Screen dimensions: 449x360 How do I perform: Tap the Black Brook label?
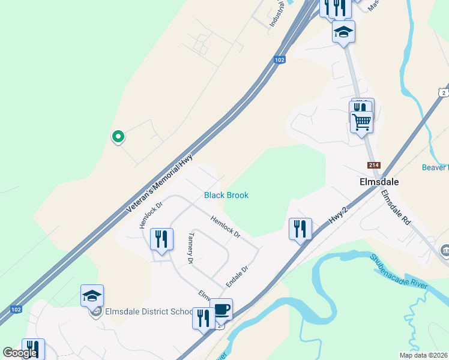point(226,195)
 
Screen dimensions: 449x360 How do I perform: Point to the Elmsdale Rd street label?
point(396,207)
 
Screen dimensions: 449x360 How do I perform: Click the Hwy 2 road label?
point(339,217)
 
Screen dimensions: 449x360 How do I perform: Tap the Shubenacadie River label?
point(399,271)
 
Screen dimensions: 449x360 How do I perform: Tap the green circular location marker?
point(118,137)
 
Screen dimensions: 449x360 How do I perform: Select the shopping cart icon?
point(361,122)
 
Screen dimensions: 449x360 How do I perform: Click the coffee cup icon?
point(221,309)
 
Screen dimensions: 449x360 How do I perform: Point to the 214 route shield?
point(372,165)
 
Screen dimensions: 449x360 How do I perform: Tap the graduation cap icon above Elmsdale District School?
point(92,295)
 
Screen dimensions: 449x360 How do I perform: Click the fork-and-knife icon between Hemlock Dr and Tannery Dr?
point(161,239)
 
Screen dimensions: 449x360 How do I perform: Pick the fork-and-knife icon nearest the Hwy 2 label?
point(300,229)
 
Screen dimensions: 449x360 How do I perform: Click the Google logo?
point(20,353)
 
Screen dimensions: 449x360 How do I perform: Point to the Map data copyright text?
point(423,355)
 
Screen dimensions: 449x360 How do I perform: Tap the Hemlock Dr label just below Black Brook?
point(225,226)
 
